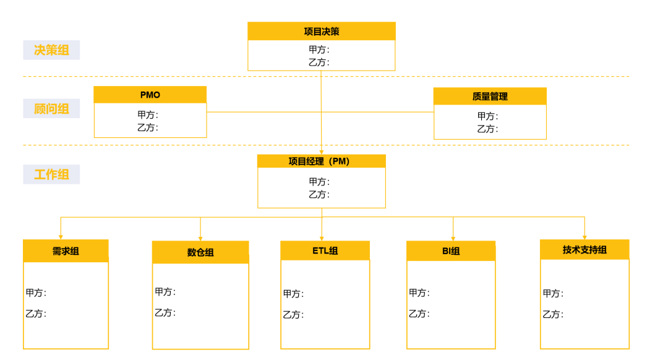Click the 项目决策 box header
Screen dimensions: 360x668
click(x=321, y=32)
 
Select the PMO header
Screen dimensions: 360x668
click(x=150, y=95)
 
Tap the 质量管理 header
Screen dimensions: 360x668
click(x=490, y=96)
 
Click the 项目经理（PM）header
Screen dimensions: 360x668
click(x=321, y=161)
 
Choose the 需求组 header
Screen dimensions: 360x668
click(x=66, y=251)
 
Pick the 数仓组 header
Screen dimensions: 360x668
click(x=200, y=252)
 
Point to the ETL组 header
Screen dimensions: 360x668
click(x=325, y=251)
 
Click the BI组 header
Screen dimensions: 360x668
click(x=451, y=251)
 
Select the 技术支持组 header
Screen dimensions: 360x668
click(x=584, y=250)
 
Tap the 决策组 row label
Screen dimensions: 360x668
click(x=51, y=50)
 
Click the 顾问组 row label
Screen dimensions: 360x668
click(x=51, y=109)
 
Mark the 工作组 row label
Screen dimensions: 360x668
click(x=51, y=174)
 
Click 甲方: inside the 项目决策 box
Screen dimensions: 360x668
click(x=319, y=49)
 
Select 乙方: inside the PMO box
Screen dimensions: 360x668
click(x=148, y=127)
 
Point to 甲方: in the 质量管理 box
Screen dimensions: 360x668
click(x=487, y=116)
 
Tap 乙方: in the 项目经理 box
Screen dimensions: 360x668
click(x=319, y=194)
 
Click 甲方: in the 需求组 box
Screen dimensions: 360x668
click(x=36, y=293)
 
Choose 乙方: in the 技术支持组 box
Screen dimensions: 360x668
click(x=553, y=314)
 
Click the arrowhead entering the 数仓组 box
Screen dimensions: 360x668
click(x=200, y=238)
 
